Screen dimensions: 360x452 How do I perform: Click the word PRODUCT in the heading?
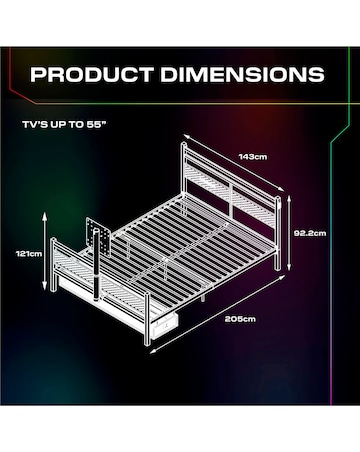tap(92, 74)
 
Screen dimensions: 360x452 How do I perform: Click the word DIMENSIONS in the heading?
tap(242, 74)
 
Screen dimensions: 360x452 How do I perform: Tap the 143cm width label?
tap(253, 156)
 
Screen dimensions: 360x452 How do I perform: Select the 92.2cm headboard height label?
tap(310, 233)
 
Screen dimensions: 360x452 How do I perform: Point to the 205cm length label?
tap(240, 319)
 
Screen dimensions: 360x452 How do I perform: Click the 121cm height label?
tap(29, 254)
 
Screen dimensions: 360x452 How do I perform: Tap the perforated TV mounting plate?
tap(98, 236)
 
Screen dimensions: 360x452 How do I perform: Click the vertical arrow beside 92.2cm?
tap(289, 233)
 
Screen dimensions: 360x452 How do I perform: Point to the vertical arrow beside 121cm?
tap(45, 251)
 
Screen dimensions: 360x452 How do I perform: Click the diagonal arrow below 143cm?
tap(234, 163)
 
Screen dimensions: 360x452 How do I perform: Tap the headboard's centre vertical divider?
tap(230, 201)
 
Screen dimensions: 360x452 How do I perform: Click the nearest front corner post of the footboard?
tap(146, 318)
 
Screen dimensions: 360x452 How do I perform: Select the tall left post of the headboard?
tap(184, 177)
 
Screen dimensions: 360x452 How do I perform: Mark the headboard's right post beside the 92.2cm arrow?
tap(276, 233)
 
